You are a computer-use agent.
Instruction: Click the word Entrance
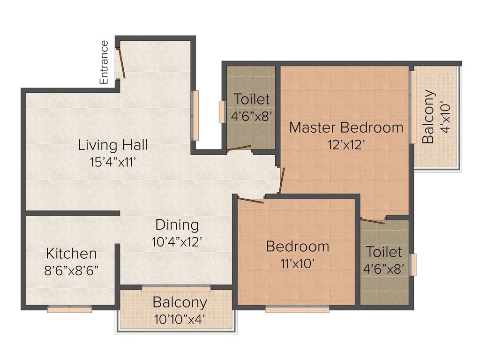pyautogui.click(x=104, y=62)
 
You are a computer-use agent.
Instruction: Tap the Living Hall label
pyautogui.click(x=113, y=145)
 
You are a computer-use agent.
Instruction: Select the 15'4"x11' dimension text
pyautogui.click(x=113, y=162)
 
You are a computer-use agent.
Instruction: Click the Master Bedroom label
pyautogui.click(x=346, y=127)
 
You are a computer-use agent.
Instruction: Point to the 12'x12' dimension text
pyautogui.click(x=346, y=144)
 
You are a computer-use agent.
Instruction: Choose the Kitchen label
pyautogui.click(x=71, y=254)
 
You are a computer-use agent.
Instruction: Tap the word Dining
pyautogui.click(x=177, y=225)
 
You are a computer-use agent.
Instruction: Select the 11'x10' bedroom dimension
pyautogui.click(x=297, y=263)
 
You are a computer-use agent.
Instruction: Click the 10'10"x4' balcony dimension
pyautogui.click(x=180, y=320)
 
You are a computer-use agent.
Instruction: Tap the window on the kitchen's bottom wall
pyautogui.click(x=69, y=309)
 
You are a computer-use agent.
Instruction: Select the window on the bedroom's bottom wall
pyautogui.click(x=297, y=309)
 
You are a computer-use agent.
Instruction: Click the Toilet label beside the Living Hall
pyautogui.click(x=252, y=99)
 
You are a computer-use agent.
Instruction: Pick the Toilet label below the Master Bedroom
pyautogui.click(x=384, y=252)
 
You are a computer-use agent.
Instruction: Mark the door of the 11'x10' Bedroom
pyautogui.click(x=250, y=201)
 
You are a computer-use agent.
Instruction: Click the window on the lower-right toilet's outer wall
pyautogui.click(x=413, y=264)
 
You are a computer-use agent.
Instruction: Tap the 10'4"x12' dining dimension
pyautogui.click(x=177, y=241)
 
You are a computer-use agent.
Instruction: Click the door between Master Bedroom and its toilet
pyautogui.click(x=373, y=220)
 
